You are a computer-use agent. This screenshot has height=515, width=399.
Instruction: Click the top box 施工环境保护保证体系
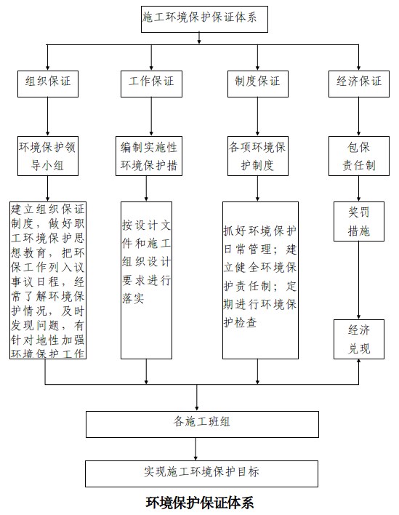(x=204, y=19)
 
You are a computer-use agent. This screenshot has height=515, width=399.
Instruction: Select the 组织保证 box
(x=48, y=84)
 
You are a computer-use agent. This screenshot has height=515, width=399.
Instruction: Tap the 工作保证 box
(x=151, y=84)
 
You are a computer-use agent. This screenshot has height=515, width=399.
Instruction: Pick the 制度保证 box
(x=258, y=84)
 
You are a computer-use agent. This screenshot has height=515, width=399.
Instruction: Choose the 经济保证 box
(x=359, y=84)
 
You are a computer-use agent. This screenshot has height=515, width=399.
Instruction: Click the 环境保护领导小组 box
(x=48, y=156)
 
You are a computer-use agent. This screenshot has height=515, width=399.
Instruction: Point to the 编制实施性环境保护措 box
(x=149, y=156)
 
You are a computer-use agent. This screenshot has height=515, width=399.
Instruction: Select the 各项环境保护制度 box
(x=258, y=156)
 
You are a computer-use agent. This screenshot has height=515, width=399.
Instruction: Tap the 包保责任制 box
(x=359, y=156)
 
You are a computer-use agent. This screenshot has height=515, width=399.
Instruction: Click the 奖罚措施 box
(x=359, y=221)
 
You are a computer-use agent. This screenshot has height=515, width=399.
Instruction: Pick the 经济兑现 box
(x=359, y=339)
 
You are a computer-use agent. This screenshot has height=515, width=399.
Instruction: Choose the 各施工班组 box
(x=202, y=424)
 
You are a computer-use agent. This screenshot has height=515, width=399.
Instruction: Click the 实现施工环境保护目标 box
(x=201, y=474)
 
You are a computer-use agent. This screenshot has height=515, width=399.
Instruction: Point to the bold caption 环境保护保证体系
(x=199, y=503)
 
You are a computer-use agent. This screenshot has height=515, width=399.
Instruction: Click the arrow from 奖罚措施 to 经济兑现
(x=358, y=281)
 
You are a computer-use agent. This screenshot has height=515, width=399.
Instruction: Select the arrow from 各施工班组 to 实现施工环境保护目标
(x=196, y=449)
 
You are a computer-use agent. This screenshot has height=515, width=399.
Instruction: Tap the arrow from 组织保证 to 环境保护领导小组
(x=47, y=116)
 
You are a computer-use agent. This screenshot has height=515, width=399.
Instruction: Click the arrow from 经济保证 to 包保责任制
(x=358, y=116)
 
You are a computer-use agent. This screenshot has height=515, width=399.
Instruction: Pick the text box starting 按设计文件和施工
(x=146, y=280)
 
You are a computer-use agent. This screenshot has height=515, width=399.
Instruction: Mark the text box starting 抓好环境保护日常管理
(x=260, y=280)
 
